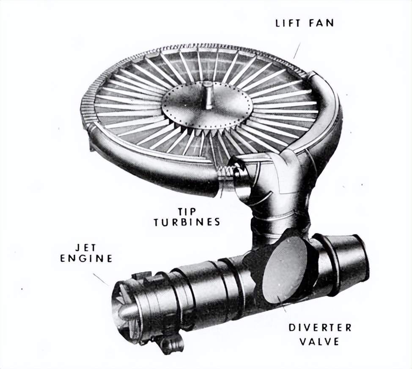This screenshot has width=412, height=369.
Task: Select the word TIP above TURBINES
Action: click(x=187, y=211)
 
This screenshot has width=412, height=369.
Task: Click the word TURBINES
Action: click(x=187, y=222)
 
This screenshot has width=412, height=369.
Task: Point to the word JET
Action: click(x=86, y=248)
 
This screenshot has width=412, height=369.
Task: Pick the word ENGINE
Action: click(x=86, y=259)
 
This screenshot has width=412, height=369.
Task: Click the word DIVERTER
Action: click(x=320, y=328)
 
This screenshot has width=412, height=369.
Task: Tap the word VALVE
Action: click(x=319, y=341)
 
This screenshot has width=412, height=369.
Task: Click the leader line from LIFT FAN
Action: click(x=297, y=51)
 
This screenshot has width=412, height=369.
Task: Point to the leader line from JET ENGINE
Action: click(x=101, y=279)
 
